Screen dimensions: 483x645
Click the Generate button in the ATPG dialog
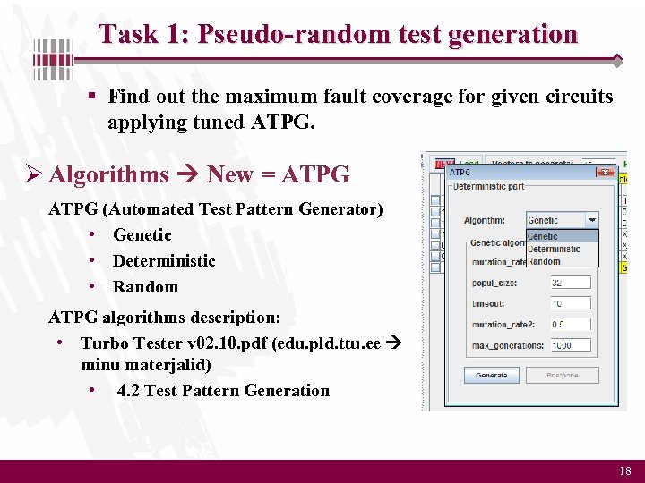tap(492, 376)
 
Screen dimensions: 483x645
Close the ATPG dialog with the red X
tap(606, 173)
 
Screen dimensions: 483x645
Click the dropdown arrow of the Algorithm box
tap(591, 220)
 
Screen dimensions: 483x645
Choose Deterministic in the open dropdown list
tap(554, 250)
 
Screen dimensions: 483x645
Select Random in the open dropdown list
tap(544, 261)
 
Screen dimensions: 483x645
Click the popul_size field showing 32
tap(571, 283)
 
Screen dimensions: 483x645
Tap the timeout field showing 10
tap(571, 304)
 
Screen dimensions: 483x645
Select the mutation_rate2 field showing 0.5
tap(571, 325)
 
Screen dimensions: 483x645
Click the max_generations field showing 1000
tap(571, 345)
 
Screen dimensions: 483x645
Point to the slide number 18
tap(624, 470)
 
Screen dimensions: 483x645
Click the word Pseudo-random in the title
tap(273, 35)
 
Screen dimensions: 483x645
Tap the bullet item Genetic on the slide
tap(142, 235)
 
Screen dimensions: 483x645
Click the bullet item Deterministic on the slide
tap(164, 261)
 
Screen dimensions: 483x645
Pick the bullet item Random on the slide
tap(145, 287)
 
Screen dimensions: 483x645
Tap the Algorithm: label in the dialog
tap(484, 221)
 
